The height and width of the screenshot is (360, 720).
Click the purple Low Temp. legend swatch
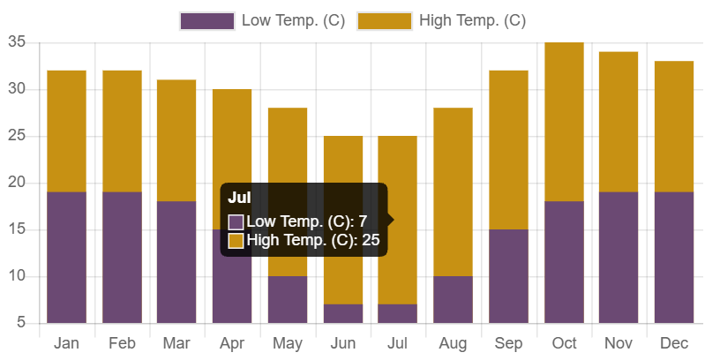[x=207, y=21]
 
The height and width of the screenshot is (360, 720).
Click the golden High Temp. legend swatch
[x=385, y=21]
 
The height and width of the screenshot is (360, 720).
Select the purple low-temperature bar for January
[x=66, y=258]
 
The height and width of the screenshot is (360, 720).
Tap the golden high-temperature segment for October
[x=565, y=122]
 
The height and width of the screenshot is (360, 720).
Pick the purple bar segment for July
[x=398, y=313]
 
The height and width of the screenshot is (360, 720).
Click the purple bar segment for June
[x=343, y=313]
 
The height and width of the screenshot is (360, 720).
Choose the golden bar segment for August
[x=454, y=192]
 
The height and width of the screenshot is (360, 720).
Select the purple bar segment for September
[x=509, y=276]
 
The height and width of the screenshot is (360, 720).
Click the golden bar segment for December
[x=674, y=126]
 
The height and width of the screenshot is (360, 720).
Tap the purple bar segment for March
[x=176, y=262]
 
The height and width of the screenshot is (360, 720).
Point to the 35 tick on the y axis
[x=18, y=42]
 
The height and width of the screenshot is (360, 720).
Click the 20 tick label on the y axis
[x=18, y=183]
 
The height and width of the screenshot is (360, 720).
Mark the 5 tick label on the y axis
[x=21, y=323]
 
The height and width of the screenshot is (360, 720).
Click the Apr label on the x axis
[x=232, y=343]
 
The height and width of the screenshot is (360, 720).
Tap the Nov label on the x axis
[x=619, y=343]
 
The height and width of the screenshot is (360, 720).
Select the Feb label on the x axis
[x=122, y=343]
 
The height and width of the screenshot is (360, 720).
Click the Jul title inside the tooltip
[x=239, y=198]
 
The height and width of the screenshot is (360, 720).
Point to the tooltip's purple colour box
[x=236, y=221]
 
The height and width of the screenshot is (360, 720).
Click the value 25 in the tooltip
[x=371, y=240]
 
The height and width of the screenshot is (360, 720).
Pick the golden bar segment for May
[x=288, y=192]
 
